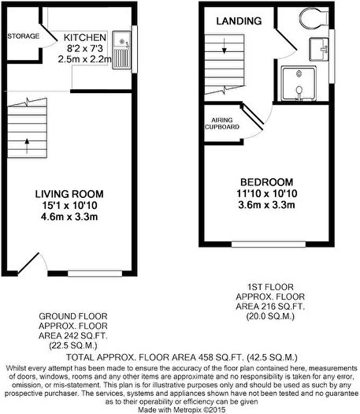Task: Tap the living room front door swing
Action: pyautogui.click(x=28, y=260)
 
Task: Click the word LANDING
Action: pyautogui.click(x=234, y=21)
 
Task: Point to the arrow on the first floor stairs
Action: pyautogui.click(x=224, y=49)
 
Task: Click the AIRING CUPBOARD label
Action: pyautogui.click(x=217, y=122)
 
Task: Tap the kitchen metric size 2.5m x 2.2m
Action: pyautogui.click(x=80, y=58)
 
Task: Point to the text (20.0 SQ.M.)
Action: pyautogui.click(x=265, y=315)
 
